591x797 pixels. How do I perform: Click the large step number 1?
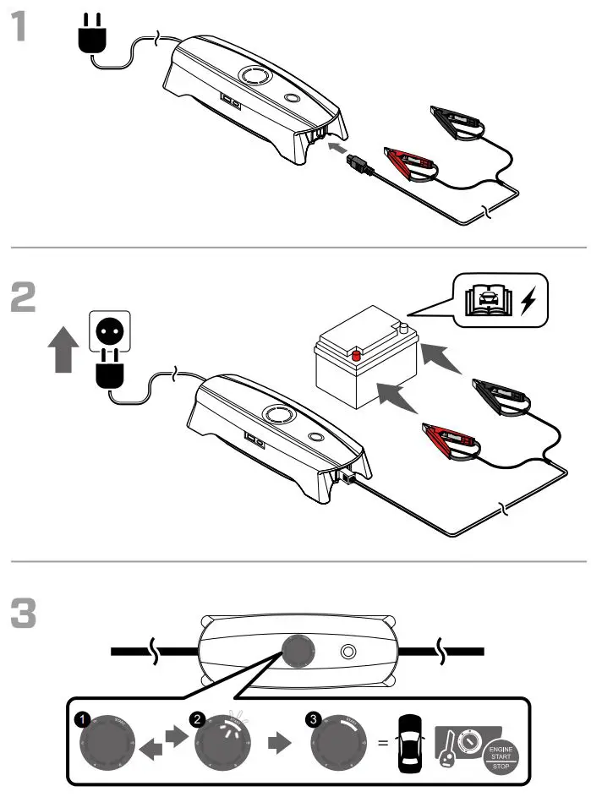(x=25, y=27)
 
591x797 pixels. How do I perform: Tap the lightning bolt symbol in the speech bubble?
(x=530, y=300)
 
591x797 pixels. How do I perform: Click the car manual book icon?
(x=489, y=301)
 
